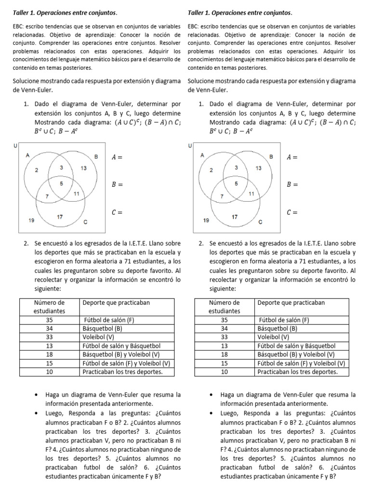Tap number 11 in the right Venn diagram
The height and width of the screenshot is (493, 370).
pos(251,194)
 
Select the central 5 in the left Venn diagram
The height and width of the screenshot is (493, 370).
pos(61,184)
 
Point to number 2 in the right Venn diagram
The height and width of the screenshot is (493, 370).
pos(211,170)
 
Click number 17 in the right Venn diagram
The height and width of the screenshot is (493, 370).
pos(235,217)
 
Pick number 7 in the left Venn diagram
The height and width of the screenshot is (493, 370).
pos(47,196)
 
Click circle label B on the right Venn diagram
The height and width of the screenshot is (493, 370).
pos(271,157)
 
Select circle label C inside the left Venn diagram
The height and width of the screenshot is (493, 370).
pos(85,222)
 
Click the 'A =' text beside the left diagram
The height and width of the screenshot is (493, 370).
pos(117,157)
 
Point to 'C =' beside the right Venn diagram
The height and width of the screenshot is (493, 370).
pos(292,212)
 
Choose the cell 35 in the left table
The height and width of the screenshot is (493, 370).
pos(49,320)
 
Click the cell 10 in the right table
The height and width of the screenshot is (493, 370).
pos(224,372)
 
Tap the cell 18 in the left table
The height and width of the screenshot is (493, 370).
pos(49,354)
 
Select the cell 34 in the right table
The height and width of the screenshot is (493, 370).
pos(224,328)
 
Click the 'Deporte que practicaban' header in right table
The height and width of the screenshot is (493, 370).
pos(291,302)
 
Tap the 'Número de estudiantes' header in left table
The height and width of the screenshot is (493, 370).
pos(49,307)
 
